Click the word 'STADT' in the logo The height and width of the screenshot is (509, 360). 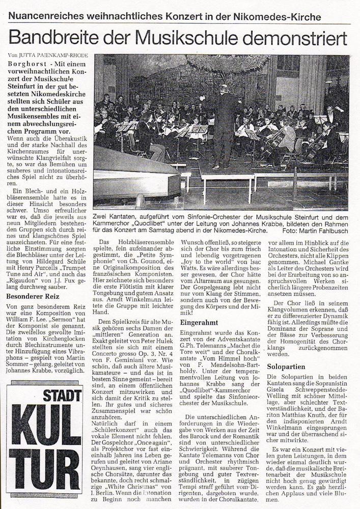66,395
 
